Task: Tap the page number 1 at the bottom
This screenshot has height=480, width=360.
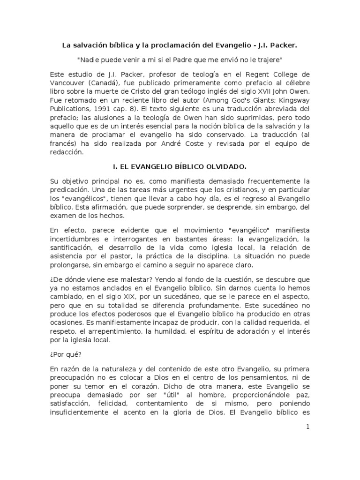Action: pyautogui.click(x=307, y=426)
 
